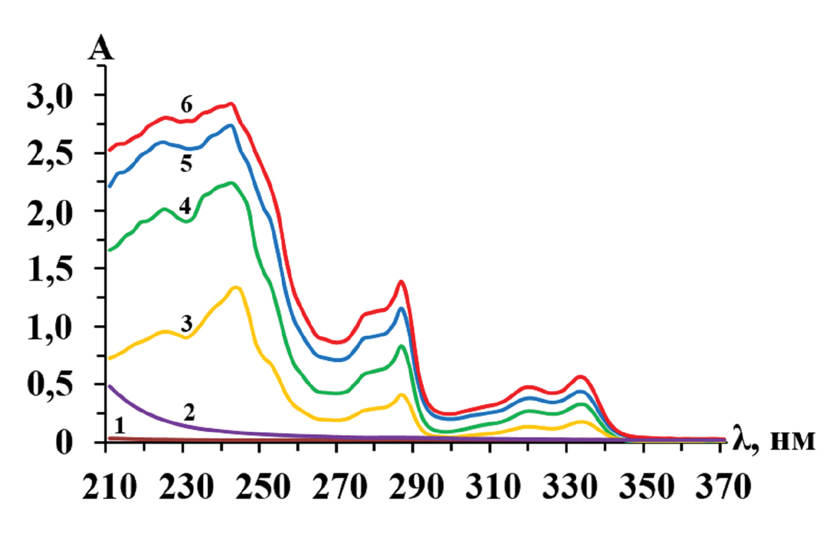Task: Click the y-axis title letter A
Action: [x=101, y=49]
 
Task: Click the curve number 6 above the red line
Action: [x=186, y=105]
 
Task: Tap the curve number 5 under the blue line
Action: [x=186, y=164]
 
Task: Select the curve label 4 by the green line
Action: [x=185, y=206]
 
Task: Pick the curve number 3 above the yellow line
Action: [x=186, y=323]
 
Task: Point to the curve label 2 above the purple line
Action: [x=189, y=412]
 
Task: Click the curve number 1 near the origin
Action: [x=119, y=425]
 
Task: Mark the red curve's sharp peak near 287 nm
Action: [x=401, y=282]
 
